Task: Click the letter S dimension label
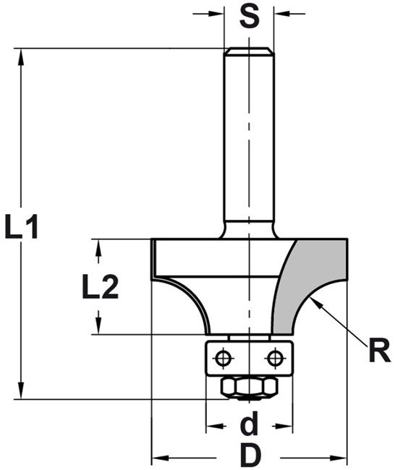[250, 17]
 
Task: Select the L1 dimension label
[21, 226]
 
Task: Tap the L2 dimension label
[100, 286]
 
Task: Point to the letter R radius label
[379, 351]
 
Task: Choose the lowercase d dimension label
[249, 423]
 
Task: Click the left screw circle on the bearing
[223, 357]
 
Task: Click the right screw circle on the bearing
[274, 357]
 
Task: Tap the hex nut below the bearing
[249, 388]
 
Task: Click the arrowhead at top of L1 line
[21, 56]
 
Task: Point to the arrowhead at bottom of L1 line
[21, 390]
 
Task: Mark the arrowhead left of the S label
[216, 14]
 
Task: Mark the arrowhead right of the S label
[282, 14]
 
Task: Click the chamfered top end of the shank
[249, 51]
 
